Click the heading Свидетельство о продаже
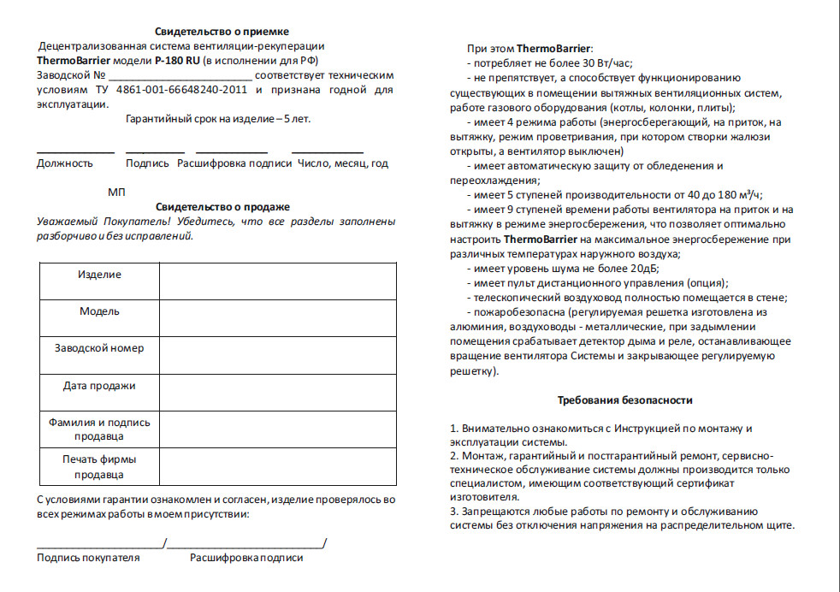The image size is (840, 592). click(x=223, y=207)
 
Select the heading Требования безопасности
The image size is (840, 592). click(x=624, y=400)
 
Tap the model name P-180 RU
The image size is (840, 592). click(x=176, y=62)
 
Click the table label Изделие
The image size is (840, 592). click(x=99, y=275)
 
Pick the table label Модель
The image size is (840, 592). click(x=99, y=311)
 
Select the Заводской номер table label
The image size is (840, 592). click(x=99, y=348)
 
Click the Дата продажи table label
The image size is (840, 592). click(x=99, y=386)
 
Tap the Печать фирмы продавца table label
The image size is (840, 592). click(x=99, y=467)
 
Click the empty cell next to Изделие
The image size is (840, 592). click(x=277, y=281)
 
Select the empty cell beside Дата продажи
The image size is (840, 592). click(x=277, y=393)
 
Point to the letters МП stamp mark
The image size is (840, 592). click(x=117, y=192)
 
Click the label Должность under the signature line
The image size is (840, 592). click(x=64, y=163)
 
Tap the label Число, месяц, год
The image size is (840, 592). click(x=342, y=163)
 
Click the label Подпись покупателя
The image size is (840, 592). click(x=88, y=558)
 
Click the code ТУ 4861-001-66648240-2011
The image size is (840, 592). click(x=184, y=90)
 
